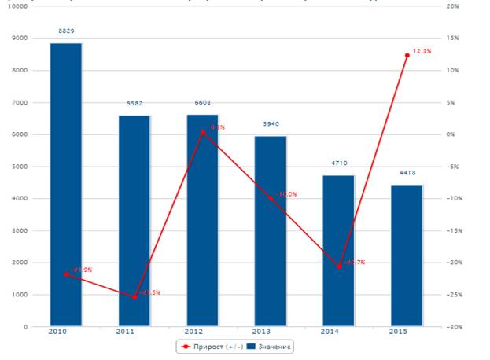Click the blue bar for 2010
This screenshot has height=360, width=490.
tap(66, 185)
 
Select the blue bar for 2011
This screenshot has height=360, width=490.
tap(134, 220)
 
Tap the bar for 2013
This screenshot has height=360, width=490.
tap(271, 231)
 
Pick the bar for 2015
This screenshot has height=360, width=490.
tap(407, 255)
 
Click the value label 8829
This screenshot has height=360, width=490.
tap(66, 31)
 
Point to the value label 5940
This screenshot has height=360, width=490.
tap(271, 124)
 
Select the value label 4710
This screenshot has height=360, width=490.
tap(339, 163)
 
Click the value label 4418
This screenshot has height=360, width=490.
tap(407, 173)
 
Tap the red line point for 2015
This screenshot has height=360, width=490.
tap(407, 55)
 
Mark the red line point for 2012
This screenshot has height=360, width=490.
tap(203, 132)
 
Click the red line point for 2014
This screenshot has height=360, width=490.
tap(339, 267)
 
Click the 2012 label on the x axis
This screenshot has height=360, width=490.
tap(203, 333)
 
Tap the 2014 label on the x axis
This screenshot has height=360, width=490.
tap(339, 333)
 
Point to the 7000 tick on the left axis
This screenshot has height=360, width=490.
tap(18, 102)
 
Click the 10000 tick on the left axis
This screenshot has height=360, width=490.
tap(17, 6)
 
